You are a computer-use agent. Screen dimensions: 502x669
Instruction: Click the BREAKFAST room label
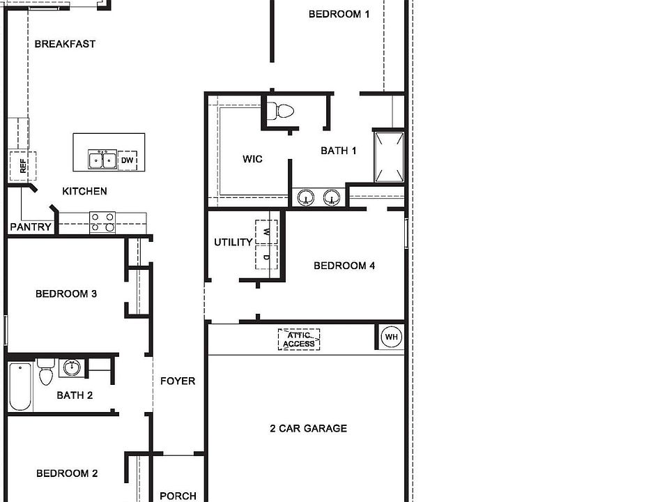click(x=65, y=44)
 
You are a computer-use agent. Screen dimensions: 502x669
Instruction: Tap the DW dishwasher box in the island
click(x=127, y=160)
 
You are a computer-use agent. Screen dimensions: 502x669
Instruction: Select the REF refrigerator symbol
click(x=22, y=166)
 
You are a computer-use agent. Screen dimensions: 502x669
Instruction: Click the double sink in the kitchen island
click(x=102, y=160)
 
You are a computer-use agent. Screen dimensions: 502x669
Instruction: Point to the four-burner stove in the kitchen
click(x=102, y=222)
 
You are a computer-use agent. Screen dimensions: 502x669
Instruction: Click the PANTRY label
click(x=31, y=227)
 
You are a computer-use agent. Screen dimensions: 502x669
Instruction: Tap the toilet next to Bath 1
click(x=282, y=110)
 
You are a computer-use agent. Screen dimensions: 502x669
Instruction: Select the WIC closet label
click(x=252, y=159)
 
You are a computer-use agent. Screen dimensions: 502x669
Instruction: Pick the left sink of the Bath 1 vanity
click(x=306, y=198)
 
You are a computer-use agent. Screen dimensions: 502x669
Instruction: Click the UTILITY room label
click(x=233, y=243)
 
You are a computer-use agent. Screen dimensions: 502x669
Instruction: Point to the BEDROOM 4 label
click(x=344, y=266)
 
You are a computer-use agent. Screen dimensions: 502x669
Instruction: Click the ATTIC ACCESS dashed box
click(x=299, y=340)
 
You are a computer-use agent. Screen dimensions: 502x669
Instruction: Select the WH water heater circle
click(x=392, y=337)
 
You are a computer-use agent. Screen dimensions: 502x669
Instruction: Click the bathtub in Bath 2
click(x=20, y=386)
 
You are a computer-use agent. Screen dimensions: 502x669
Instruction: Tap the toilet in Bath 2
click(x=46, y=374)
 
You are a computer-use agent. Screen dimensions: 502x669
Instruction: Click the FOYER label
click(x=178, y=381)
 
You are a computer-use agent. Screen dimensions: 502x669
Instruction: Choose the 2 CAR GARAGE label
click(x=308, y=429)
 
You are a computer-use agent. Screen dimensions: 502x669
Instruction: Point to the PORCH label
click(x=178, y=496)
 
